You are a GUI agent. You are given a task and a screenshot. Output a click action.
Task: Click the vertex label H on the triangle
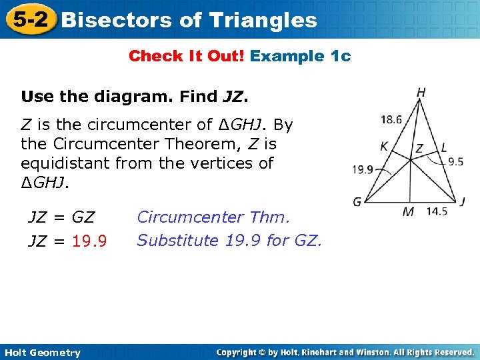[421, 93]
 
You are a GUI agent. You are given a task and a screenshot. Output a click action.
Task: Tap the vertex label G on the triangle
[357, 201]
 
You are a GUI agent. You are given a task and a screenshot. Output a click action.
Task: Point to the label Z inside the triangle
[419, 149]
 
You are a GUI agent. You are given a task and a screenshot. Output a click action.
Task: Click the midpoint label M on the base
[409, 212]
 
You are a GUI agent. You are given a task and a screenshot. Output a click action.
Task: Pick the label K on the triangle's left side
[384, 146]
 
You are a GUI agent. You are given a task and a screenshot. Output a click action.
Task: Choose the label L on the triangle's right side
[444, 148]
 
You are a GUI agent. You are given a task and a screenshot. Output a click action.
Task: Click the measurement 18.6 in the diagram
[391, 120]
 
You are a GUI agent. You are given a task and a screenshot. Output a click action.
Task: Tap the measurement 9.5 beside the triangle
[455, 161]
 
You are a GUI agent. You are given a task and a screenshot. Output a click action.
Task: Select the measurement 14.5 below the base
[437, 212]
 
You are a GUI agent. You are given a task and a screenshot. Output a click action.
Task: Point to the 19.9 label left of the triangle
[363, 169]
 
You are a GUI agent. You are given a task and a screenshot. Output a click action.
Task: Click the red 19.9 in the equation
[90, 240]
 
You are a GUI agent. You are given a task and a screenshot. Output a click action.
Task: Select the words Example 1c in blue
[300, 56]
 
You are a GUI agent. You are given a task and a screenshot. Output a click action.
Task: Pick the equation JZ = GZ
[61, 217]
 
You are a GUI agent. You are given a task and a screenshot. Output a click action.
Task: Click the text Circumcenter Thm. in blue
[213, 217]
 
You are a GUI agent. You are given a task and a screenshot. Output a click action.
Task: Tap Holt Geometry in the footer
[41, 353]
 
